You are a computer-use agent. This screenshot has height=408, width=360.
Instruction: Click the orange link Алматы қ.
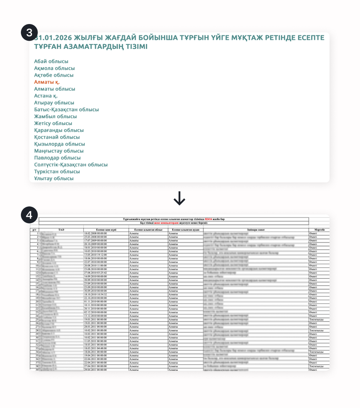[x=47, y=82]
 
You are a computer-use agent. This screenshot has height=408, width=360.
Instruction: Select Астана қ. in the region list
[x=46, y=96]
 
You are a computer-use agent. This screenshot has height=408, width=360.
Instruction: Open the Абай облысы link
[x=51, y=61]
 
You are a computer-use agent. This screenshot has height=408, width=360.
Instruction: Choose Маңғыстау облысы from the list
[x=59, y=151]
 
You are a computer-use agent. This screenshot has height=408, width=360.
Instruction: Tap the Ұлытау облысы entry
[x=53, y=179]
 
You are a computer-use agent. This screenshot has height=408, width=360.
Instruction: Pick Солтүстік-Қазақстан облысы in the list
[x=71, y=165]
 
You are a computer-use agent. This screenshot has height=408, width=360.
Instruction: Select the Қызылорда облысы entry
[x=59, y=144]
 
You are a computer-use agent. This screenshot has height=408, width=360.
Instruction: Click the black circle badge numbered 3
[x=29, y=33]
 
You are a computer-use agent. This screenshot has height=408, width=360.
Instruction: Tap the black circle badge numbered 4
[x=29, y=215]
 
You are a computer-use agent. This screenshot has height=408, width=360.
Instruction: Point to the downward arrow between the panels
[x=180, y=198]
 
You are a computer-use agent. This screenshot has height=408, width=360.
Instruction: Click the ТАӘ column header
[x=61, y=230]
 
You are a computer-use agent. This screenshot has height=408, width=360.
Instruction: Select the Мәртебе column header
[x=319, y=230]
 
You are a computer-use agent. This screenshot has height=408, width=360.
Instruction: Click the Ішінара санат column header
[x=256, y=230]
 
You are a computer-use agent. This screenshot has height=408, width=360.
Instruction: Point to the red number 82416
[x=208, y=219]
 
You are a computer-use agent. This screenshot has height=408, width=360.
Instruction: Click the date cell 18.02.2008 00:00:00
[x=96, y=233]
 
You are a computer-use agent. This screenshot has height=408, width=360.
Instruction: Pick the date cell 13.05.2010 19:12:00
[x=96, y=255]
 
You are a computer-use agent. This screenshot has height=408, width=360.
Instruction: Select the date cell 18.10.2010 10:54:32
[x=96, y=294]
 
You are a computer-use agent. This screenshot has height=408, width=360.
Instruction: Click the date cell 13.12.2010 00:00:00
[x=96, y=316]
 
